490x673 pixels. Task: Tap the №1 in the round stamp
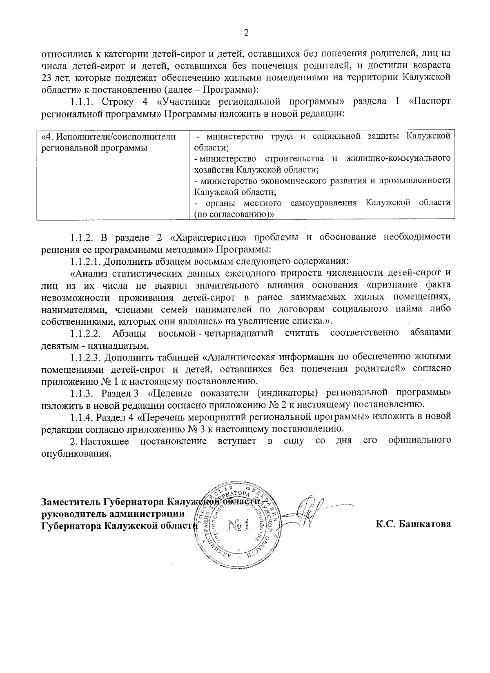pyautogui.click(x=239, y=526)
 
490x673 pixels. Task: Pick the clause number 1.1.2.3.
pyautogui.click(x=86, y=357)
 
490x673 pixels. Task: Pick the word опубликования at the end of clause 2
pyautogui.click(x=76, y=454)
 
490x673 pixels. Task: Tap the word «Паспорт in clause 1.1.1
pyautogui.click(x=430, y=101)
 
